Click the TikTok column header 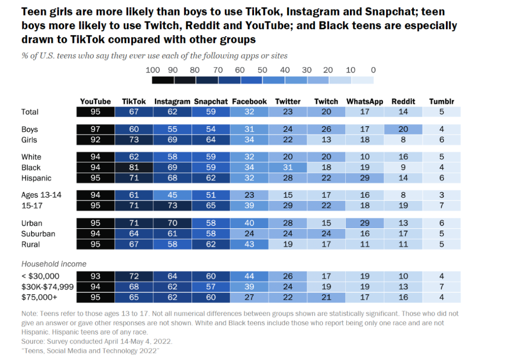(134, 101)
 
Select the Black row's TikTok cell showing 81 (134, 168)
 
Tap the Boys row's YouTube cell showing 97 (95, 129)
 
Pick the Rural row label (31, 244)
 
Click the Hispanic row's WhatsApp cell (365, 178)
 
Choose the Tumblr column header (441, 101)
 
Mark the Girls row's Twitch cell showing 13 (326, 140)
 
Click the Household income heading (54, 264)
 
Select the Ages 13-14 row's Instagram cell (172, 195)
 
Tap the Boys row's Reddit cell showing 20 (403, 129)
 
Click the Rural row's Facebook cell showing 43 (249, 244)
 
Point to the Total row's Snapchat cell (211, 112)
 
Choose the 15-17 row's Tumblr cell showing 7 (441, 206)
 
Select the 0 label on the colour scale (373, 70)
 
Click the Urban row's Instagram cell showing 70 (172, 223)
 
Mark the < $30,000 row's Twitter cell (288, 276)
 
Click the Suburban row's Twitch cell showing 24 (326, 234)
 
